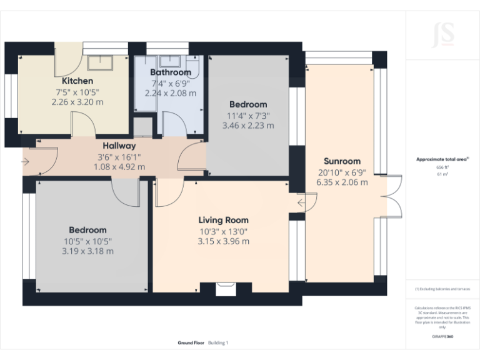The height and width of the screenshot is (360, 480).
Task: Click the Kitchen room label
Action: point(77,81)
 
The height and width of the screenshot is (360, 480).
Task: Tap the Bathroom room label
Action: point(170,72)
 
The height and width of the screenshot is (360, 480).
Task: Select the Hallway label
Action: point(119,146)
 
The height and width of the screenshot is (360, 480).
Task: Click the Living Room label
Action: point(223,220)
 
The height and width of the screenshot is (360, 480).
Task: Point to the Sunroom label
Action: point(342,161)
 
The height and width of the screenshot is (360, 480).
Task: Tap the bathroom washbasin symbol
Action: point(169,61)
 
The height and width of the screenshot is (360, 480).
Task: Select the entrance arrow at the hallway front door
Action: point(25,162)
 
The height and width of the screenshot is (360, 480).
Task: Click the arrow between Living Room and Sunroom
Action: point(302,202)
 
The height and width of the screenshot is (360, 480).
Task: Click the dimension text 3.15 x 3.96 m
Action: point(223,241)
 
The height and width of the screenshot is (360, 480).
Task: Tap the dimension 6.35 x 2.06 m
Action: point(342,182)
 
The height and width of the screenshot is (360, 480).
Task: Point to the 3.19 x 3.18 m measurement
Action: point(87,251)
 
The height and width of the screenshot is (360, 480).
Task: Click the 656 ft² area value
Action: point(442,167)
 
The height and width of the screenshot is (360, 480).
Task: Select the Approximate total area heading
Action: point(442,159)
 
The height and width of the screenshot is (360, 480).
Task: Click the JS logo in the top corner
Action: point(442,35)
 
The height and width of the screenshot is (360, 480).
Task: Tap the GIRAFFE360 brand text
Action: point(442,336)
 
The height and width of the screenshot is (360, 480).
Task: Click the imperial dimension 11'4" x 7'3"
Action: point(248,115)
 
